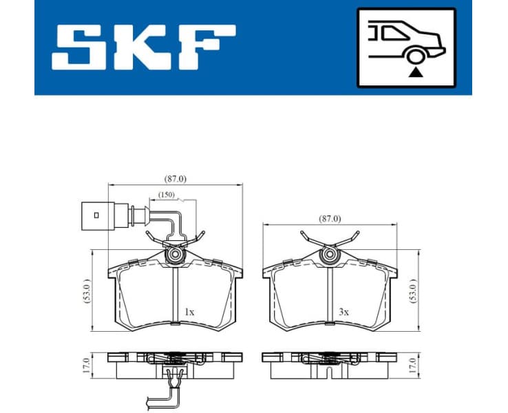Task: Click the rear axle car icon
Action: (406, 47)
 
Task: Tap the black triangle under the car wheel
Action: (414, 71)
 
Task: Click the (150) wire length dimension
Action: (167, 195)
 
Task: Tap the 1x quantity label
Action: (189, 312)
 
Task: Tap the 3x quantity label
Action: (343, 312)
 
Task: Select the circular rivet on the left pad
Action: (176, 256)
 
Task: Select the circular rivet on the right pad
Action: (330, 256)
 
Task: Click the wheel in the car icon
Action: (414, 57)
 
